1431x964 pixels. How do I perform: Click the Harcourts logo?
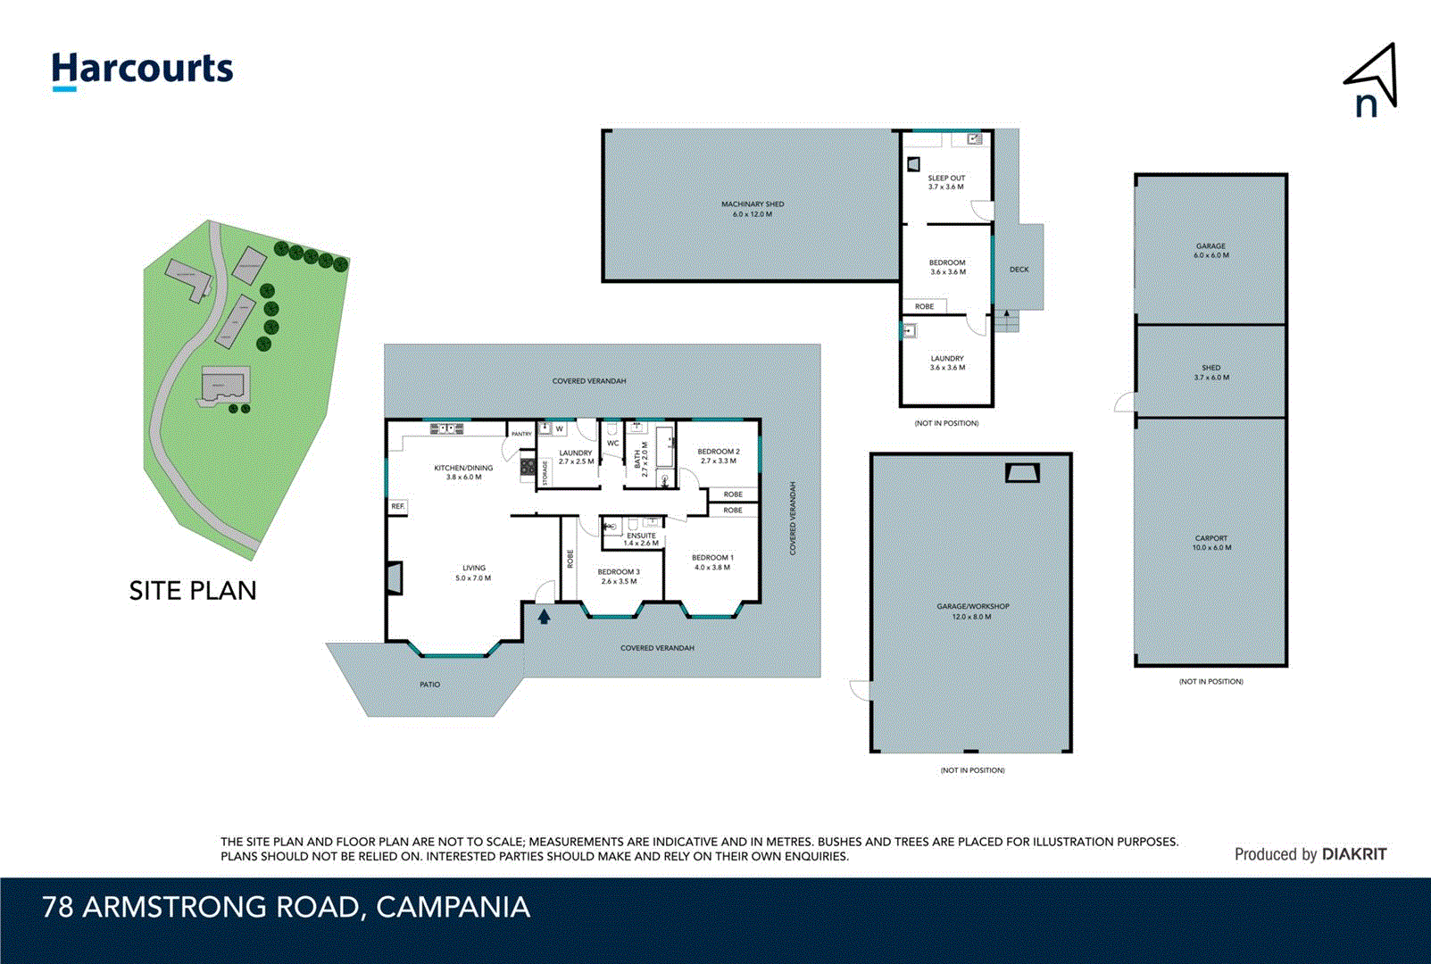[142, 70]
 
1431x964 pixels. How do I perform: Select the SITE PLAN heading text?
[193, 591]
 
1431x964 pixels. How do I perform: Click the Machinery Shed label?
[753, 209]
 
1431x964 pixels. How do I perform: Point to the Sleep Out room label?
[946, 182]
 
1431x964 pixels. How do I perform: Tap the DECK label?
[1019, 270]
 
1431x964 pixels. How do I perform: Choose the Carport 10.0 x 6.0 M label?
[1211, 543]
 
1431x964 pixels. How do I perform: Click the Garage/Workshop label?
[972, 611]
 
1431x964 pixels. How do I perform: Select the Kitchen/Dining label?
[463, 472]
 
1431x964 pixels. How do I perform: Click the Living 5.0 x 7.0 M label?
[473, 573]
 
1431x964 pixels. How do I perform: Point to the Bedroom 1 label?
[712, 562]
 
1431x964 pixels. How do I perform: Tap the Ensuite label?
[641, 539]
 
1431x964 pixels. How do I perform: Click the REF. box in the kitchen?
[398, 506]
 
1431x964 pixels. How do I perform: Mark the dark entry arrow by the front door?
[544, 615]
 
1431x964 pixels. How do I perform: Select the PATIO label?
[430, 685]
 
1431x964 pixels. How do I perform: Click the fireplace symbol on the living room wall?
[395, 577]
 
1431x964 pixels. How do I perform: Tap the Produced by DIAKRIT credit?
[1310, 854]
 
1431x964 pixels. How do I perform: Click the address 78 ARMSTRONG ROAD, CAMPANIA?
[286, 907]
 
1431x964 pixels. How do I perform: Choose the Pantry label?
[521, 434]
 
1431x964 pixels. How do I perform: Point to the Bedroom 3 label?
[619, 577]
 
